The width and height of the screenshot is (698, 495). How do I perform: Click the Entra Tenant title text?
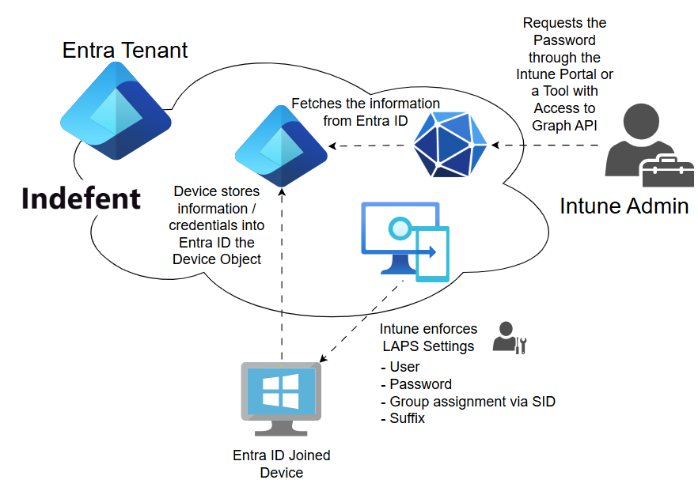click(x=125, y=51)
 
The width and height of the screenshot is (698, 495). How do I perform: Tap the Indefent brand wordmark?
click(x=82, y=198)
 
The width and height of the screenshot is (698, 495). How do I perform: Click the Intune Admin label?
click(x=624, y=206)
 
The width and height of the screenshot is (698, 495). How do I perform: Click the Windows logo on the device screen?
click(x=281, y=393)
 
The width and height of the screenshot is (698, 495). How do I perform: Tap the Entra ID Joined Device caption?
click(x=281, y=463)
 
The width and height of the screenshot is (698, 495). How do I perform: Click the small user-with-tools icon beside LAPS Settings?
click(x=509, y=337)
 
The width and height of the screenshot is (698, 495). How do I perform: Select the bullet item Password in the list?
click(x=420, y=384)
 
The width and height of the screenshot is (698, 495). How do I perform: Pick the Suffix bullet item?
click(x=407, y=418)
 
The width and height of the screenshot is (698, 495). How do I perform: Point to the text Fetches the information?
click(x=366, y=104)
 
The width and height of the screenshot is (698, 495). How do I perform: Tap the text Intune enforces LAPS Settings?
click(x=428, y=338)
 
